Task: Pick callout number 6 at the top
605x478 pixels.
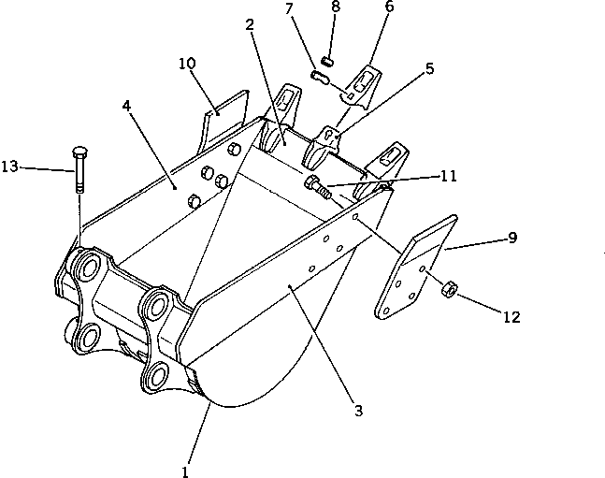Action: pyautogui.click(x=389, y=7)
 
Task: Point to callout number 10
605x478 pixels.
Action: pyautogui.click(x=186, y=64)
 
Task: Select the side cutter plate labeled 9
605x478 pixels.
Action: pyautogui.click(x=411, y=271)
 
